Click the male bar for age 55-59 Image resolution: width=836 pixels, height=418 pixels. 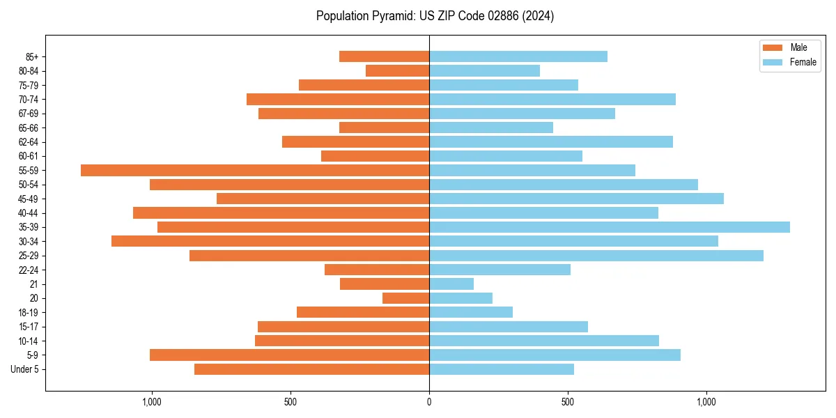255,170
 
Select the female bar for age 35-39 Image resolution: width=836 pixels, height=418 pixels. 610,227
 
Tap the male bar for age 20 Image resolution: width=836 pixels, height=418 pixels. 406,298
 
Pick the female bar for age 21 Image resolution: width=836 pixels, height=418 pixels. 451,284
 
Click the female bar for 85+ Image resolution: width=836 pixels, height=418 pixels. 518,56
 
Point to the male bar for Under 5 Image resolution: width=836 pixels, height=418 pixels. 312,369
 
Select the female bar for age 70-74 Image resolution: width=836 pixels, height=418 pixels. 552,99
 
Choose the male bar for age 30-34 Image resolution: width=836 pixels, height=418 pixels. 270,241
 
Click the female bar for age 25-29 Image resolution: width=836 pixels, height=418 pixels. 596,256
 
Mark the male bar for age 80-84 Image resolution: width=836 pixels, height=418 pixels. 398,70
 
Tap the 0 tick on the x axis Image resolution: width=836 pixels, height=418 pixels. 429,402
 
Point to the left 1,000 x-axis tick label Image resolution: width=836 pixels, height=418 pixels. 151,402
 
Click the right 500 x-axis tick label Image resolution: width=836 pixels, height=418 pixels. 568,402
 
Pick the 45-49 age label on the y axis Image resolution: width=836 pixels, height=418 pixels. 29,199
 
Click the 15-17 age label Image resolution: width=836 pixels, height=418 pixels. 29,327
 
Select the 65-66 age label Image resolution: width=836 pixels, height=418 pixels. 29,127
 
